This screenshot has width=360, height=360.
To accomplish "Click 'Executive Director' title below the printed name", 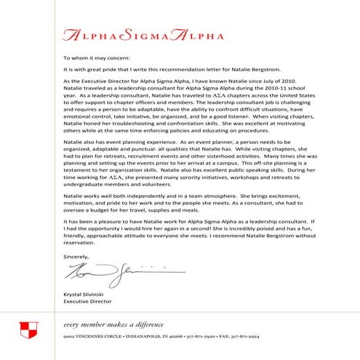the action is (87, 301).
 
